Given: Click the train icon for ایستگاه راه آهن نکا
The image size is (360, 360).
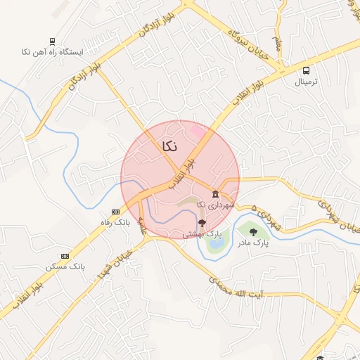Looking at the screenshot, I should [53, 41].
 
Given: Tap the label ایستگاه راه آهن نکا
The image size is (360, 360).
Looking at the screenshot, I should [53, 53].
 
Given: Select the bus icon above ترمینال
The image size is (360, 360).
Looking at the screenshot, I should [306, 70].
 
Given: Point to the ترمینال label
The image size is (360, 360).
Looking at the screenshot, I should [306, 82].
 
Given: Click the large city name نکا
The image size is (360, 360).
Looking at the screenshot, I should [169, 146].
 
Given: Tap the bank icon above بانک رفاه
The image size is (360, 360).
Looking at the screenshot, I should [115, 212].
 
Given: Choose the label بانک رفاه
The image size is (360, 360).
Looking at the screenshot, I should [115, 223].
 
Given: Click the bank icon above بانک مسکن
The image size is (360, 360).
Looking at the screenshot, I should [65, 256].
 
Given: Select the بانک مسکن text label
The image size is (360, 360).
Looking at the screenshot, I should [65, 267].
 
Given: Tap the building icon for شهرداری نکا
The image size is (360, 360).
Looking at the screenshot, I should [215, 194].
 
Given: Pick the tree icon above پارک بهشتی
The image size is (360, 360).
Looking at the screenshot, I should [202, 223].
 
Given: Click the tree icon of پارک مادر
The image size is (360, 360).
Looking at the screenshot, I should [252, 232].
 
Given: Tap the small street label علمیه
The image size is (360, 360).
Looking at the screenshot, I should [143, 226].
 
